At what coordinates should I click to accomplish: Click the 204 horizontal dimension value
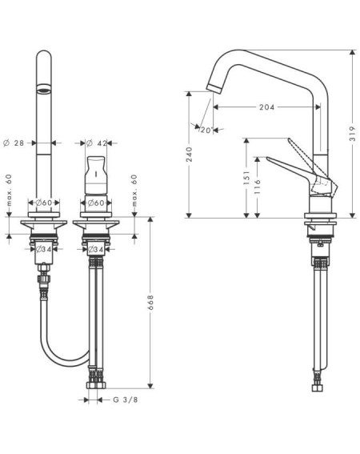point(266,107)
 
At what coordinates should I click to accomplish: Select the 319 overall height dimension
point(352,134)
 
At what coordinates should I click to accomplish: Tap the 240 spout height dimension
point(189,155)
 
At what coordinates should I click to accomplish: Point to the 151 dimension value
point(246,178)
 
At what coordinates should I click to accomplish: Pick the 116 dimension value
point(258,187)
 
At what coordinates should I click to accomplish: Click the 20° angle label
point(206,131)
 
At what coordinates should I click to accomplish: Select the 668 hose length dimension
point(150,303)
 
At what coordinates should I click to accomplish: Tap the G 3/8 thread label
point(126,400)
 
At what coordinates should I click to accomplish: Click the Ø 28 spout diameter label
point(14,143)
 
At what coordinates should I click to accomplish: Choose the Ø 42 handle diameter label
point(97,143)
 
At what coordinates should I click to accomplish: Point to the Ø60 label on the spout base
point(44,203)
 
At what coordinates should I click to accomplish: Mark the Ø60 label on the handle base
point(96,203)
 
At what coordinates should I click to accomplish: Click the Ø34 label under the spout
point(44,249)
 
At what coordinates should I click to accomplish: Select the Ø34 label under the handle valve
point(96,249)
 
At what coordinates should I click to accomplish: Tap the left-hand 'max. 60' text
point(9,190)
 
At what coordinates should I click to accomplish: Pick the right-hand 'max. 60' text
point(134,191)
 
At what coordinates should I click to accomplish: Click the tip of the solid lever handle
point(267,158)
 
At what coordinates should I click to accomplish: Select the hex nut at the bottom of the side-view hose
point(317,388)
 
